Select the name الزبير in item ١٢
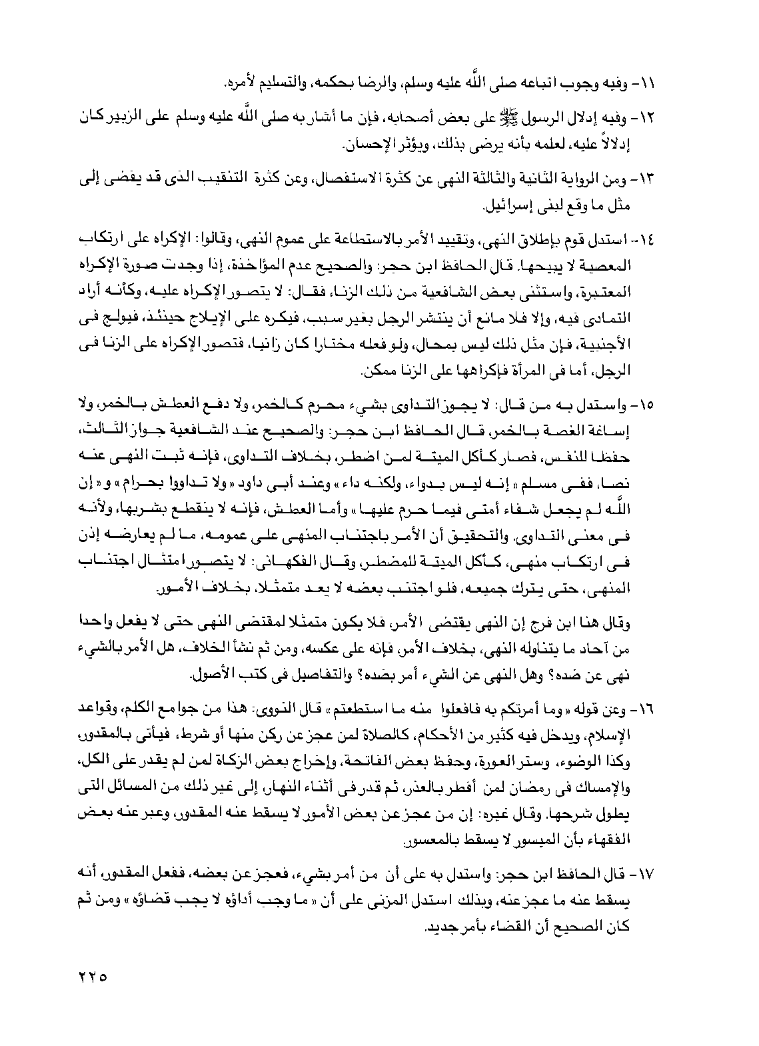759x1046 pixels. tap(99, 117)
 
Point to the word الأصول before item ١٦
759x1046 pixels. tap(217, 676)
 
